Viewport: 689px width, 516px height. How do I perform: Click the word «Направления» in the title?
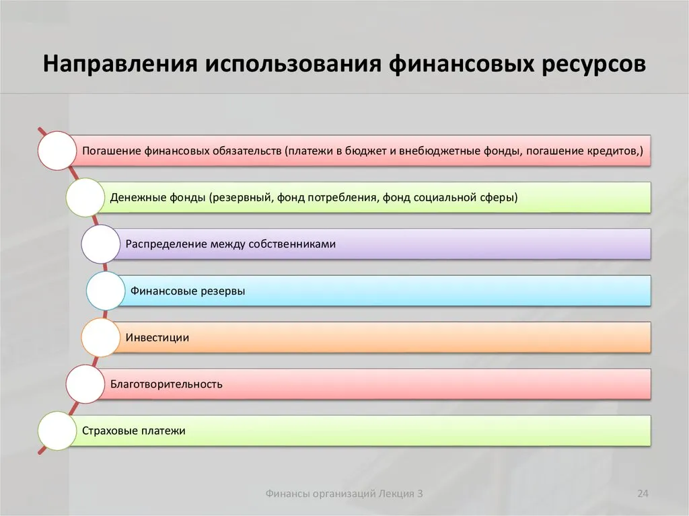[x=120, y=63]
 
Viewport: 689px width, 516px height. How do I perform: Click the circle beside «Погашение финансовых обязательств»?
[x=57, y=150]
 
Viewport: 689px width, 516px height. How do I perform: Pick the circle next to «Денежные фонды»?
[x=85, y=197]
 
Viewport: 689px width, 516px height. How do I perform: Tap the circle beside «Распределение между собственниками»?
[x=101, y=244]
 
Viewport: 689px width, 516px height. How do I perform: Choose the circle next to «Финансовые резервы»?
[x=106, y=291]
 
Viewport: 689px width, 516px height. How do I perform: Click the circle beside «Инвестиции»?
[x=101, y=337]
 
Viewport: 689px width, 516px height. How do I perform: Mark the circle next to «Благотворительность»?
[x=85, y=383]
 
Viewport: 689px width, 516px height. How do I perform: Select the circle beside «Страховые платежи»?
[x=57, y=431]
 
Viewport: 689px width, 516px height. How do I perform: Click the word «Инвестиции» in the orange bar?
[x=157, y=338]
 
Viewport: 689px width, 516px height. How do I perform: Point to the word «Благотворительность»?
[x=166, y=384]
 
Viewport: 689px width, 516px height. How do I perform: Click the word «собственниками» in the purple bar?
[x=292, y=244]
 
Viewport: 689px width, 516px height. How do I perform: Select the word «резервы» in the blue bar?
[x=223, y=291]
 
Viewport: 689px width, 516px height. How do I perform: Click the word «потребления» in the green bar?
[x=342, y=198]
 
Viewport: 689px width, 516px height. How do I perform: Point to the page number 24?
[x=643, y=494]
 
